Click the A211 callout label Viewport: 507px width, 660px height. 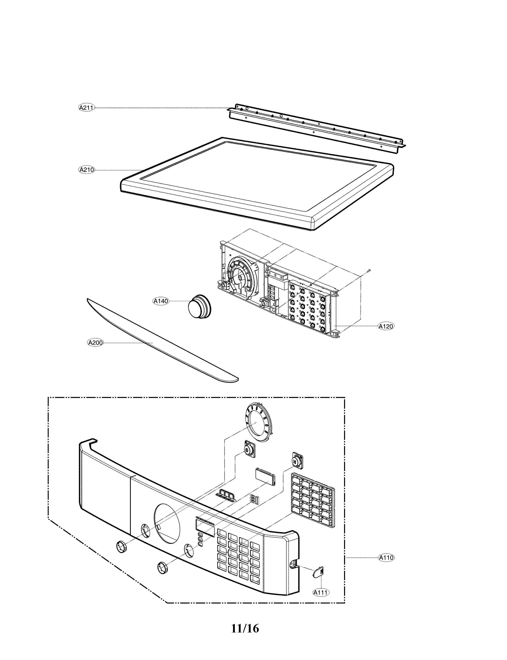click(x=86, y=108)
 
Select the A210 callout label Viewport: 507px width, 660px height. click(x=86, y=170)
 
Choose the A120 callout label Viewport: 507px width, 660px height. click(x=386, y=326)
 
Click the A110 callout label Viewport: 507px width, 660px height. click(x=386, y=558)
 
